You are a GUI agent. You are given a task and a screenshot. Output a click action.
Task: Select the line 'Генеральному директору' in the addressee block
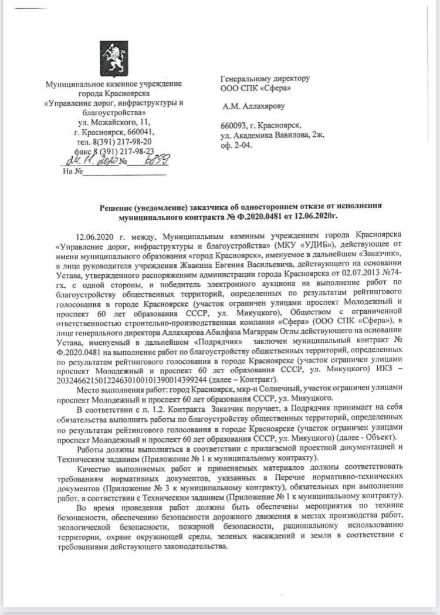click(x=265, y=78)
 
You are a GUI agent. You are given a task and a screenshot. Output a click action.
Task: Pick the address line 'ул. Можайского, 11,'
click(x=114, y=122)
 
